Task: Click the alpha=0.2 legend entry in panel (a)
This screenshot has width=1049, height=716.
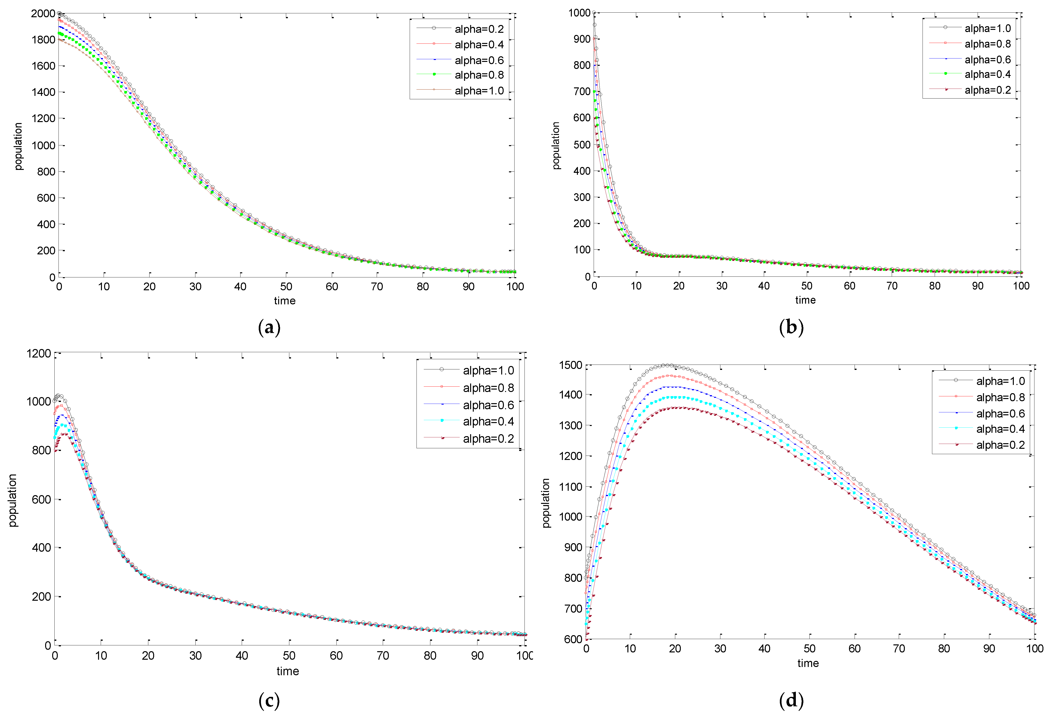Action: coord(478,29)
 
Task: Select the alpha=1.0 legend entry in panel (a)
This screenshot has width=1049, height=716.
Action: coord(478,91)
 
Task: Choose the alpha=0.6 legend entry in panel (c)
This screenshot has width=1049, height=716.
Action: coord(488,405)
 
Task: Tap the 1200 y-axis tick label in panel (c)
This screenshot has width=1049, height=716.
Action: coord(39,353)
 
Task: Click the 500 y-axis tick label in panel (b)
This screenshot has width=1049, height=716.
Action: coord(582,145)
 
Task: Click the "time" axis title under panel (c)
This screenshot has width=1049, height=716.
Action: coord(288,671)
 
